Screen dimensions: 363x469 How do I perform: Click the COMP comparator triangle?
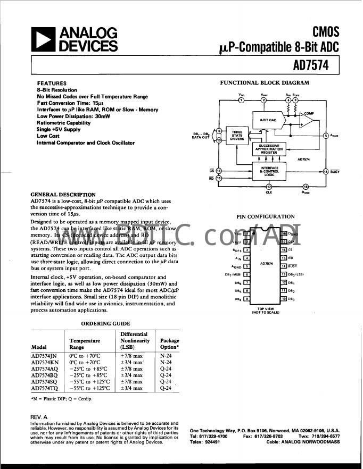point(307,122)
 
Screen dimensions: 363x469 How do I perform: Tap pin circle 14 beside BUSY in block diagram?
point(325,171)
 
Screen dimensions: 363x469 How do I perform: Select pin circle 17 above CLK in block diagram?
point(269,187)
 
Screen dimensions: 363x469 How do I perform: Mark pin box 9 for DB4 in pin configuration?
point(246,299)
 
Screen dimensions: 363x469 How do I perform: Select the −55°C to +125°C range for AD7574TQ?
point(89,388)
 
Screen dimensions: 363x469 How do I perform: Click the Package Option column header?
point(170,344)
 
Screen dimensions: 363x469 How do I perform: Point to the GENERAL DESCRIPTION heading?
point(63,195)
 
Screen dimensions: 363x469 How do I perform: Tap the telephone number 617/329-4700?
point(213,436)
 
